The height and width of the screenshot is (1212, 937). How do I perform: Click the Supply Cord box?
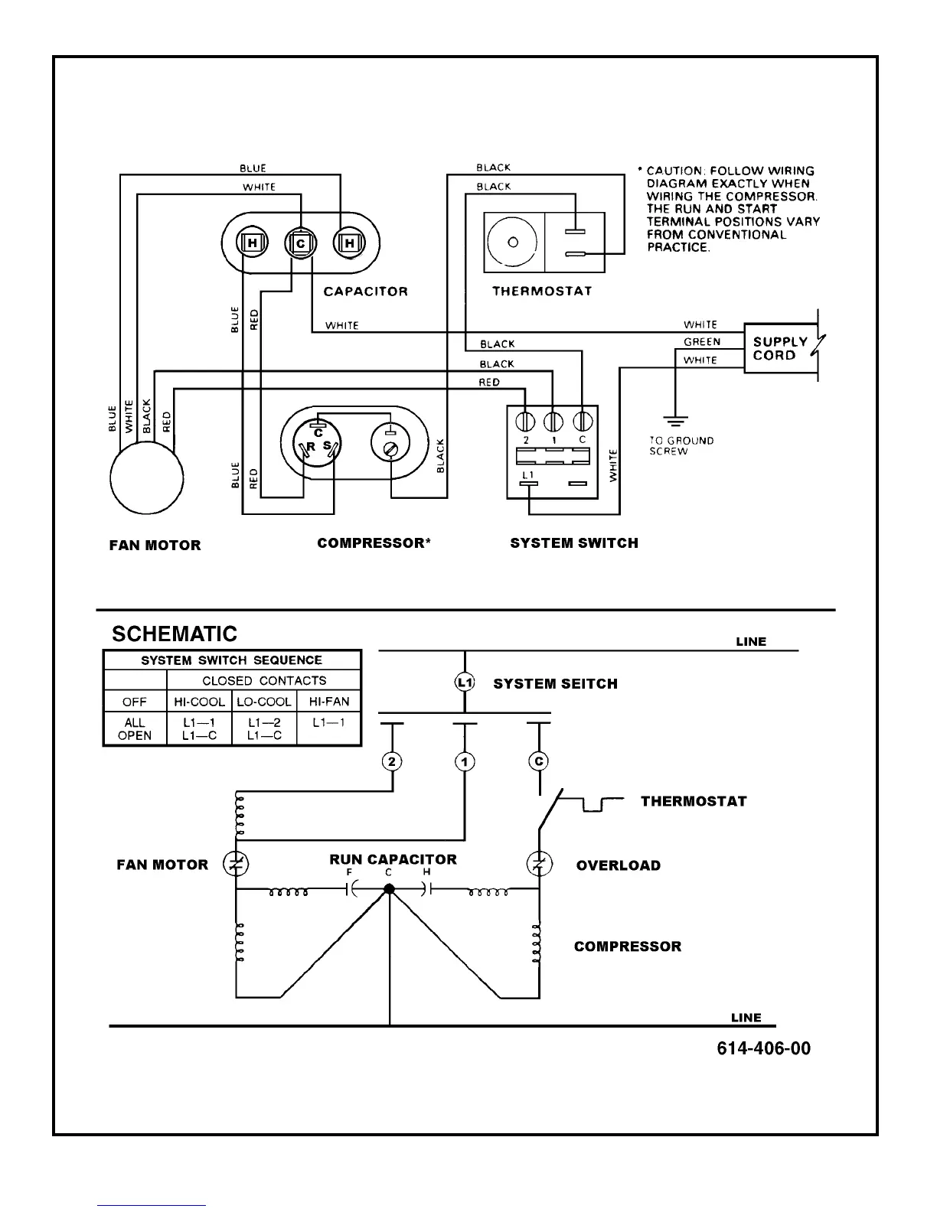click(x=780, y=349)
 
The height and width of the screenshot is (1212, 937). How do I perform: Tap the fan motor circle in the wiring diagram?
click(x=147, y=479)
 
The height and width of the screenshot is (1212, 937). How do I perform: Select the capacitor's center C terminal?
click(x=301, y=243)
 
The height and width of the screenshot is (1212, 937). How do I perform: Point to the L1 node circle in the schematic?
click(x=465, y=683)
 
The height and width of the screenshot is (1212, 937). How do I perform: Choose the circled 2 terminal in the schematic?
click(x=393, y=761)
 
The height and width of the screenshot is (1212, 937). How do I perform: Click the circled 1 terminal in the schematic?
click(x=465, y=761)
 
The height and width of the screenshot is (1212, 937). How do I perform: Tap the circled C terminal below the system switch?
click(x=539, y=761)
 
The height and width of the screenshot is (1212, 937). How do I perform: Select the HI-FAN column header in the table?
click(x=329, y=701)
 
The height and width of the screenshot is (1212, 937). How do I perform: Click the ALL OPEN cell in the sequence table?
click(x=135, y=728)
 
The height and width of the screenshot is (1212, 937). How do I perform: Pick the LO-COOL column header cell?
click(x=263, y=701)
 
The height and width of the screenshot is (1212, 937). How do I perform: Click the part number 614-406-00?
click(x=763, y=1048)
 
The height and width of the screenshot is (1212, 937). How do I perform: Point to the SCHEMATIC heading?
click(x=175, y=634)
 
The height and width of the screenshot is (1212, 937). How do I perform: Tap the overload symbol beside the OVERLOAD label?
click(x=539, y=864)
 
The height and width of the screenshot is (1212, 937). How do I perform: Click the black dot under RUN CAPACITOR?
click(x=389, y=889)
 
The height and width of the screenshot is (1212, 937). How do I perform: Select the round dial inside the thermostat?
click(x=513, y=242)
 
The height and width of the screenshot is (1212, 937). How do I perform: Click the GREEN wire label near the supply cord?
click(x=702, y=342)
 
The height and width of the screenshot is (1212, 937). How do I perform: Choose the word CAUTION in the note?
click(x=674, y=171)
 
